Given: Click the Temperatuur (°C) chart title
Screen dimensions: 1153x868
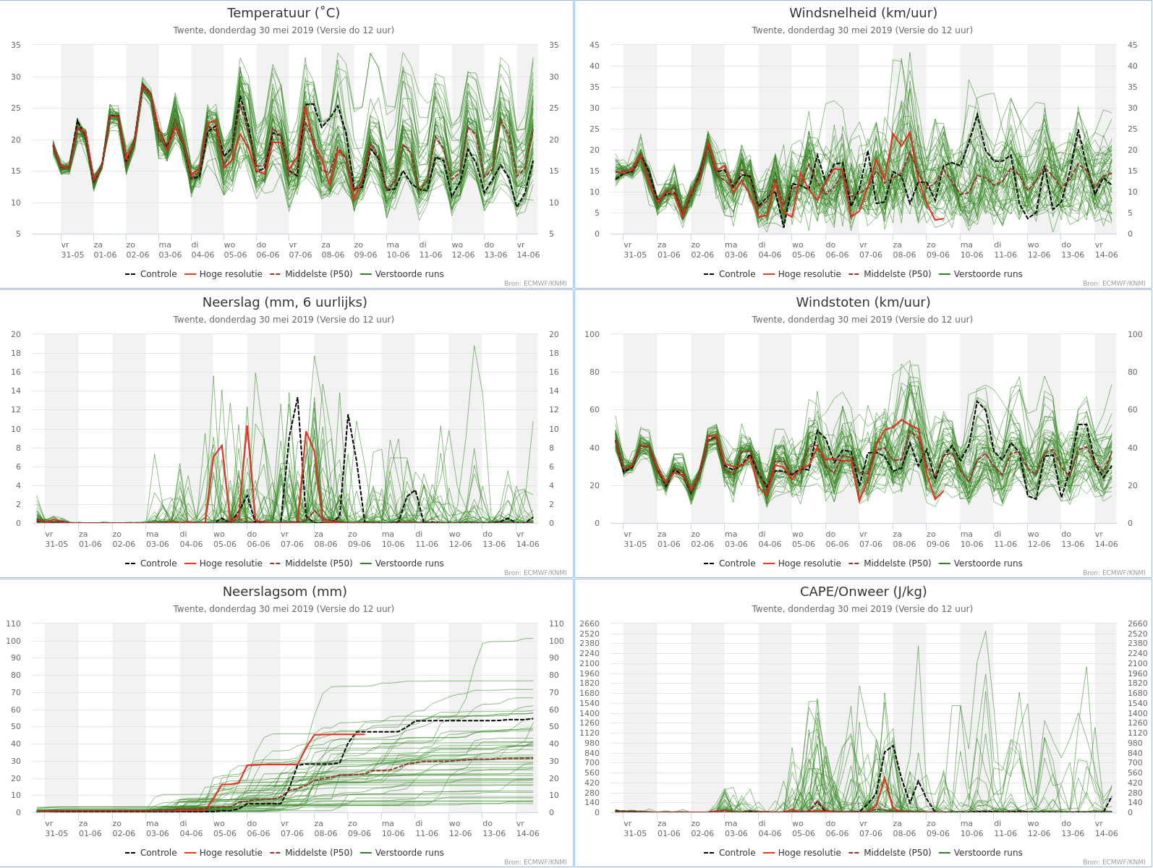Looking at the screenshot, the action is [x=284, y=12].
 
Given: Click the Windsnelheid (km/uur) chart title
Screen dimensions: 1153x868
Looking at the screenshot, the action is [x=863, y=12].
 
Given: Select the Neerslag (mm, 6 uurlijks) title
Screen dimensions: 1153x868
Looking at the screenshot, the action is [x=285, y=302].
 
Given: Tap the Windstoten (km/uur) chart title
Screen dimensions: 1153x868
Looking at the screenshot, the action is [x=863, y=302].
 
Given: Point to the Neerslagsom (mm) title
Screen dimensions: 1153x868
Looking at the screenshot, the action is [x=285, y=591].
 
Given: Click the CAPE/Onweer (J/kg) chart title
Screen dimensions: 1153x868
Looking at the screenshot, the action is [x=863, y=591].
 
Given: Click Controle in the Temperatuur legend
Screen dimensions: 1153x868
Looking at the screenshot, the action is [x=158, y=273].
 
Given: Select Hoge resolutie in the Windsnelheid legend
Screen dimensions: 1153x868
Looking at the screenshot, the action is [x=809, y=273].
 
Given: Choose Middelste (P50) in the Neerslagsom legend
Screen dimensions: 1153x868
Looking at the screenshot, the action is [x=318, y=852].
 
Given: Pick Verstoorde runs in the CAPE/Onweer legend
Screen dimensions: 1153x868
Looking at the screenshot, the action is [x=987, y=852].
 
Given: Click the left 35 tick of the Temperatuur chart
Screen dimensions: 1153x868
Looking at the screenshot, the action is [x=17, y=45].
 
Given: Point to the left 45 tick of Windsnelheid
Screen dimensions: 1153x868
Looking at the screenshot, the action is [x=594, y=45].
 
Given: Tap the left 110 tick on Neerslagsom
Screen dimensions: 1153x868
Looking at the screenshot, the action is [x=14, y=624].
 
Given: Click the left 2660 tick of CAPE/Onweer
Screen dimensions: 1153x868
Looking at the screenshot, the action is [x=590, y=624].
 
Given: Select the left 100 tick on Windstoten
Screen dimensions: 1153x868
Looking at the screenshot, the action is [x=592, y=334].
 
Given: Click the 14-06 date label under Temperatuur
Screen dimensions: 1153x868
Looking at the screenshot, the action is [x=528, y=255].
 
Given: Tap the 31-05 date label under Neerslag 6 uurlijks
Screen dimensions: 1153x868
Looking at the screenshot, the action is [x=56, y=544].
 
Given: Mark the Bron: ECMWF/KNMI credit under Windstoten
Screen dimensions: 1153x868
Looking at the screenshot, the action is [x=1114, y=572].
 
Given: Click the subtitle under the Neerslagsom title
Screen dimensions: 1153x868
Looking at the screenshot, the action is [x=284, y=608].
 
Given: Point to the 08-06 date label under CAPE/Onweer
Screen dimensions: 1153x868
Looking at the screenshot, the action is [x=904, y=833].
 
